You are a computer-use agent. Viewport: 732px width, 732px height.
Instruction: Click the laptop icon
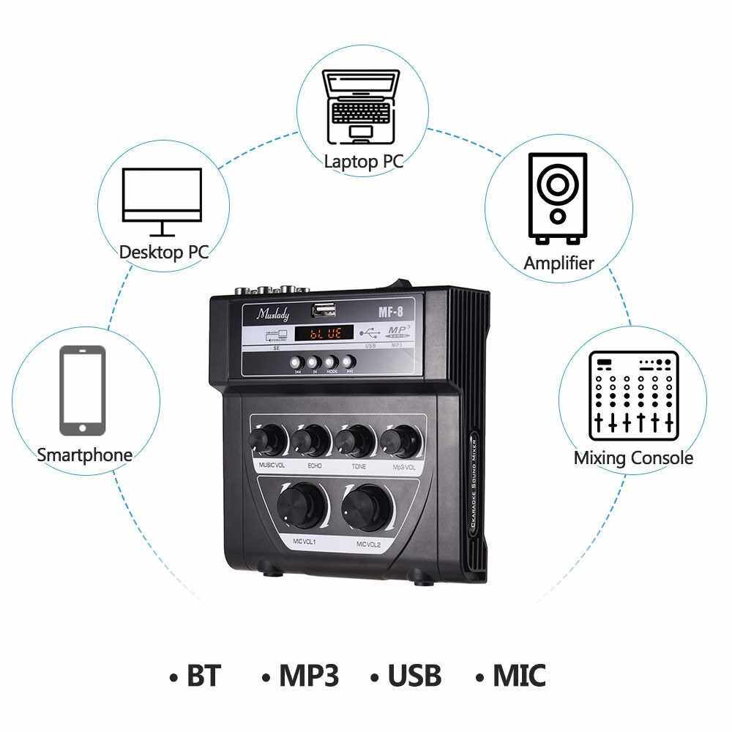point(363,106)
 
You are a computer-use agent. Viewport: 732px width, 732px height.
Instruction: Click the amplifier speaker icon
point(559,198)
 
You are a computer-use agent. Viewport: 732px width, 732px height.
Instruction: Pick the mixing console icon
point(634,395)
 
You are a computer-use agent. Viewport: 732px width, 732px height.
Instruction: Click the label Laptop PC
point(364,161)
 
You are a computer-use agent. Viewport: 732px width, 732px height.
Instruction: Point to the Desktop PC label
point(164,253)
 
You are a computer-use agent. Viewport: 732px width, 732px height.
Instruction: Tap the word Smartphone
point(85,455)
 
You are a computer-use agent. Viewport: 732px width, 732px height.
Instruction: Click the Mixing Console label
point(633,458)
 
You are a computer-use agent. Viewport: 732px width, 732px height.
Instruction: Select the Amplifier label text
point(559,263)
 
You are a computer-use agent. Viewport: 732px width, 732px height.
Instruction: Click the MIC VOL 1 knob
point(301,504)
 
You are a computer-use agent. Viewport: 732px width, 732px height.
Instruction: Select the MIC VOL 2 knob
point(365,505)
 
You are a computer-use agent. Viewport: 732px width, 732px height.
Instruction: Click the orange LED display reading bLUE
point(322,334)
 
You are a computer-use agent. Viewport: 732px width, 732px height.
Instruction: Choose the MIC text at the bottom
point(518,675)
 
